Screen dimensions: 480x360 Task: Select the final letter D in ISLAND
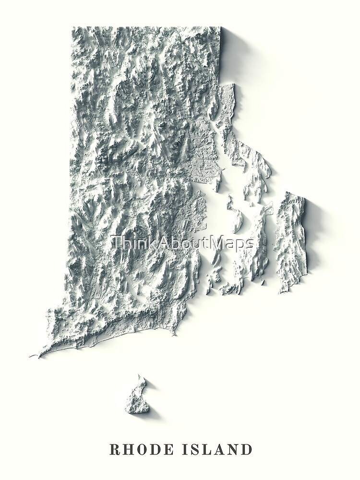click(x=247, y=450)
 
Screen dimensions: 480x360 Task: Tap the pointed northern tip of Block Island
click(x=140, y=377)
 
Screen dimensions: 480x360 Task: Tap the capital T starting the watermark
click(x=115, y=243)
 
